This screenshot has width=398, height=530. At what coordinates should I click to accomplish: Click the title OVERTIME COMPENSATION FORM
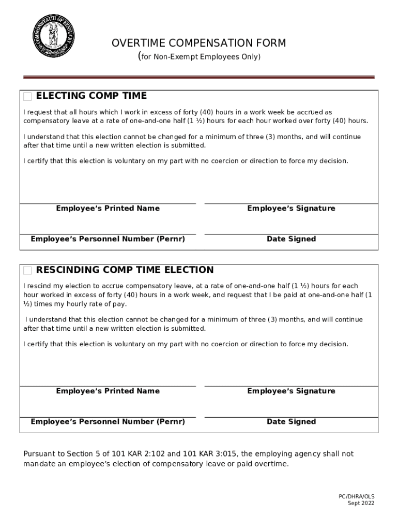[x=198, y=43]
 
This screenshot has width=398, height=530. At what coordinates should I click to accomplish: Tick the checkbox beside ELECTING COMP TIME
[x=28, y=97]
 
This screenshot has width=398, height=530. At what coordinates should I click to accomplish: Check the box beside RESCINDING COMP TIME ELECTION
[x=28, y=271]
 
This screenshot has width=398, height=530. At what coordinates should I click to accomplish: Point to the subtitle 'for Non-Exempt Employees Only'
[x=201, y=56]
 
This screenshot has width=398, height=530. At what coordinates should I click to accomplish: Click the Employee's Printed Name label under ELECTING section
[x=108, y=209]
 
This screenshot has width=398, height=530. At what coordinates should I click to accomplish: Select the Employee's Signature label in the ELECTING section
[x=291, y=209]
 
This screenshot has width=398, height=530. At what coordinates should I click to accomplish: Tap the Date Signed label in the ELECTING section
[x=291, y=239]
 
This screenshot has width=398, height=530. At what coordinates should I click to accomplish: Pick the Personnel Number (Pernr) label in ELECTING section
[x=108, y=239]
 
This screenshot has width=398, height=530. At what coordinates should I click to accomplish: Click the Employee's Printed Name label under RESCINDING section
[x=108, y=391]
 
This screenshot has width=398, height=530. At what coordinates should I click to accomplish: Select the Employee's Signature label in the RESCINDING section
[x=291, y=391]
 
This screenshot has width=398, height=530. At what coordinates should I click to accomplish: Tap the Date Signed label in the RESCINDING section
[x=291, y=422]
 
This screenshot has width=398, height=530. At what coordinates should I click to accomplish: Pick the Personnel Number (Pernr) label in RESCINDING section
[x=108, y=422]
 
